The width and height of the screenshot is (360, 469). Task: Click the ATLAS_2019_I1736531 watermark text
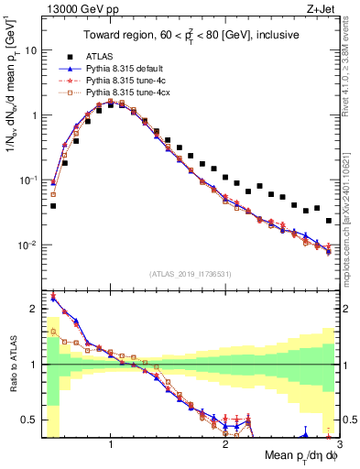click(189, 274)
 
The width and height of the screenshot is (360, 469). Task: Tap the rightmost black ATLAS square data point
click(329, 220)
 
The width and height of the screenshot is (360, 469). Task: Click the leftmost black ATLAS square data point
click(53, 206)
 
